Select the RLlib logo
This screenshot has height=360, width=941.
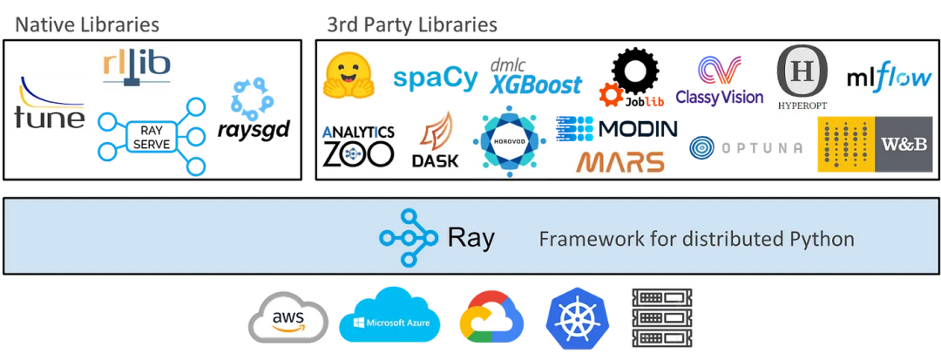(137, 66)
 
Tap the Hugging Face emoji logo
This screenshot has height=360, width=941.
(348, 75)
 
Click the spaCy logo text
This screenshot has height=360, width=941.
(436, 78)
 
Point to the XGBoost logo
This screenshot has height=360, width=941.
(534, 79)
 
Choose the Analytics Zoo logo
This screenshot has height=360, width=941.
(357, 145)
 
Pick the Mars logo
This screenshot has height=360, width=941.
(620, 161)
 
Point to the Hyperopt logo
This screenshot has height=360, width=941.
(802, 78)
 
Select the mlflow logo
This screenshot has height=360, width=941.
(890, 78)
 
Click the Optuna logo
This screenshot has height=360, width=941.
(746, 148)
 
